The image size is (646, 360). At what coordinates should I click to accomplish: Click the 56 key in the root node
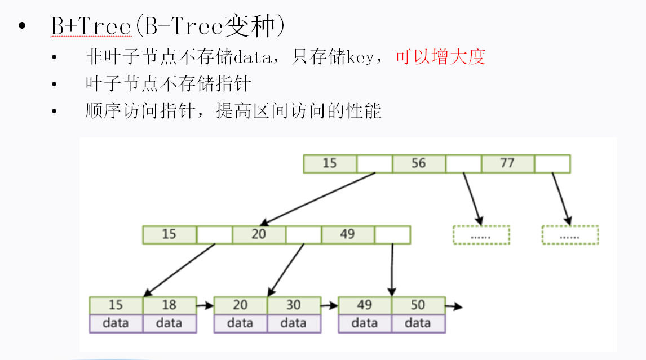[419, 163]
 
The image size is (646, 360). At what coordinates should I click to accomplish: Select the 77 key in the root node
[507, 163]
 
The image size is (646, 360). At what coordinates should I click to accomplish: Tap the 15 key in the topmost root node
[330, 163]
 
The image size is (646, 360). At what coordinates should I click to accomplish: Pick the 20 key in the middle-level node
[259, 234]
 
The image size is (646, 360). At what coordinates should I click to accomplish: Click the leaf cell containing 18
[169, 305]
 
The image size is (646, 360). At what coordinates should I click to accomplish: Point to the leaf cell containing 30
[294, 305]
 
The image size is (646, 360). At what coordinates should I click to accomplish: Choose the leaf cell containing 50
[418, 305]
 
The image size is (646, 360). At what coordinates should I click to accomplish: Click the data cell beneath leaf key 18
[169, 323]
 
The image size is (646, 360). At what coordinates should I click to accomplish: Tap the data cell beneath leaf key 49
[364, 323]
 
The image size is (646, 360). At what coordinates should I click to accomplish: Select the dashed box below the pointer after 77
[570, 235]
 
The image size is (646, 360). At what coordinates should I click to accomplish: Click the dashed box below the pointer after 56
[481, 235]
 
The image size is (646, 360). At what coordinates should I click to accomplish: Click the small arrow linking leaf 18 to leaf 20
[205, 306]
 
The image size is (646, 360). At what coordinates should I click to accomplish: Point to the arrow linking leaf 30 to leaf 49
[329, 306]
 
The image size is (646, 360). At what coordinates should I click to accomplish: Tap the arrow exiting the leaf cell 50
[454, 306]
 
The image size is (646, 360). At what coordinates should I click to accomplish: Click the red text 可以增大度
[440, 56]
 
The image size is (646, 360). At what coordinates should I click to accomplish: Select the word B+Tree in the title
[91, 26]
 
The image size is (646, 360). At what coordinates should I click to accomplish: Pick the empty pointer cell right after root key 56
[463, 163]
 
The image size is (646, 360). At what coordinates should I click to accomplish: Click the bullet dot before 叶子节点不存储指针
[54, 84]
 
